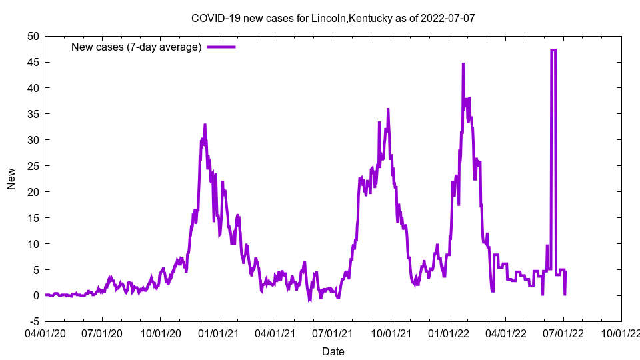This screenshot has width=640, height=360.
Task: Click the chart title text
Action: pyautogui.click(x=333, y=18)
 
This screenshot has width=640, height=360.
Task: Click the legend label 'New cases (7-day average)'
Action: pyautogui.click(x=137, y=47)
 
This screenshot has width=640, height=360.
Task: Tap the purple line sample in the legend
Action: pyautogui.click(x=221, y=47)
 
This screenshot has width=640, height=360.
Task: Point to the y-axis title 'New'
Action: pyautogui.click(x=11, y=179)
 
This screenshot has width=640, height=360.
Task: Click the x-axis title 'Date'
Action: pyautogui.click(x=333, y=351)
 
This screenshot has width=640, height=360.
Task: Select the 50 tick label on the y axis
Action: pyautogui.click(x=33, y=36)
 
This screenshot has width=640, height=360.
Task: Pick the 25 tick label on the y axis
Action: pyautogui.click(x=33, y=166)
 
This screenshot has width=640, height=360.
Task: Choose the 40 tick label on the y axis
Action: pyautogui.click(x=33, y=88)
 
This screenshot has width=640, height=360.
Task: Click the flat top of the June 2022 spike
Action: pyautogui.click(x=553, y=50)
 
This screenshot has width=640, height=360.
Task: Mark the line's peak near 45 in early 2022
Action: pyautogui.click(x=463, y=64)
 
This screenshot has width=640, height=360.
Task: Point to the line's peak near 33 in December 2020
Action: pyautogui.click(x=205, y=125)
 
